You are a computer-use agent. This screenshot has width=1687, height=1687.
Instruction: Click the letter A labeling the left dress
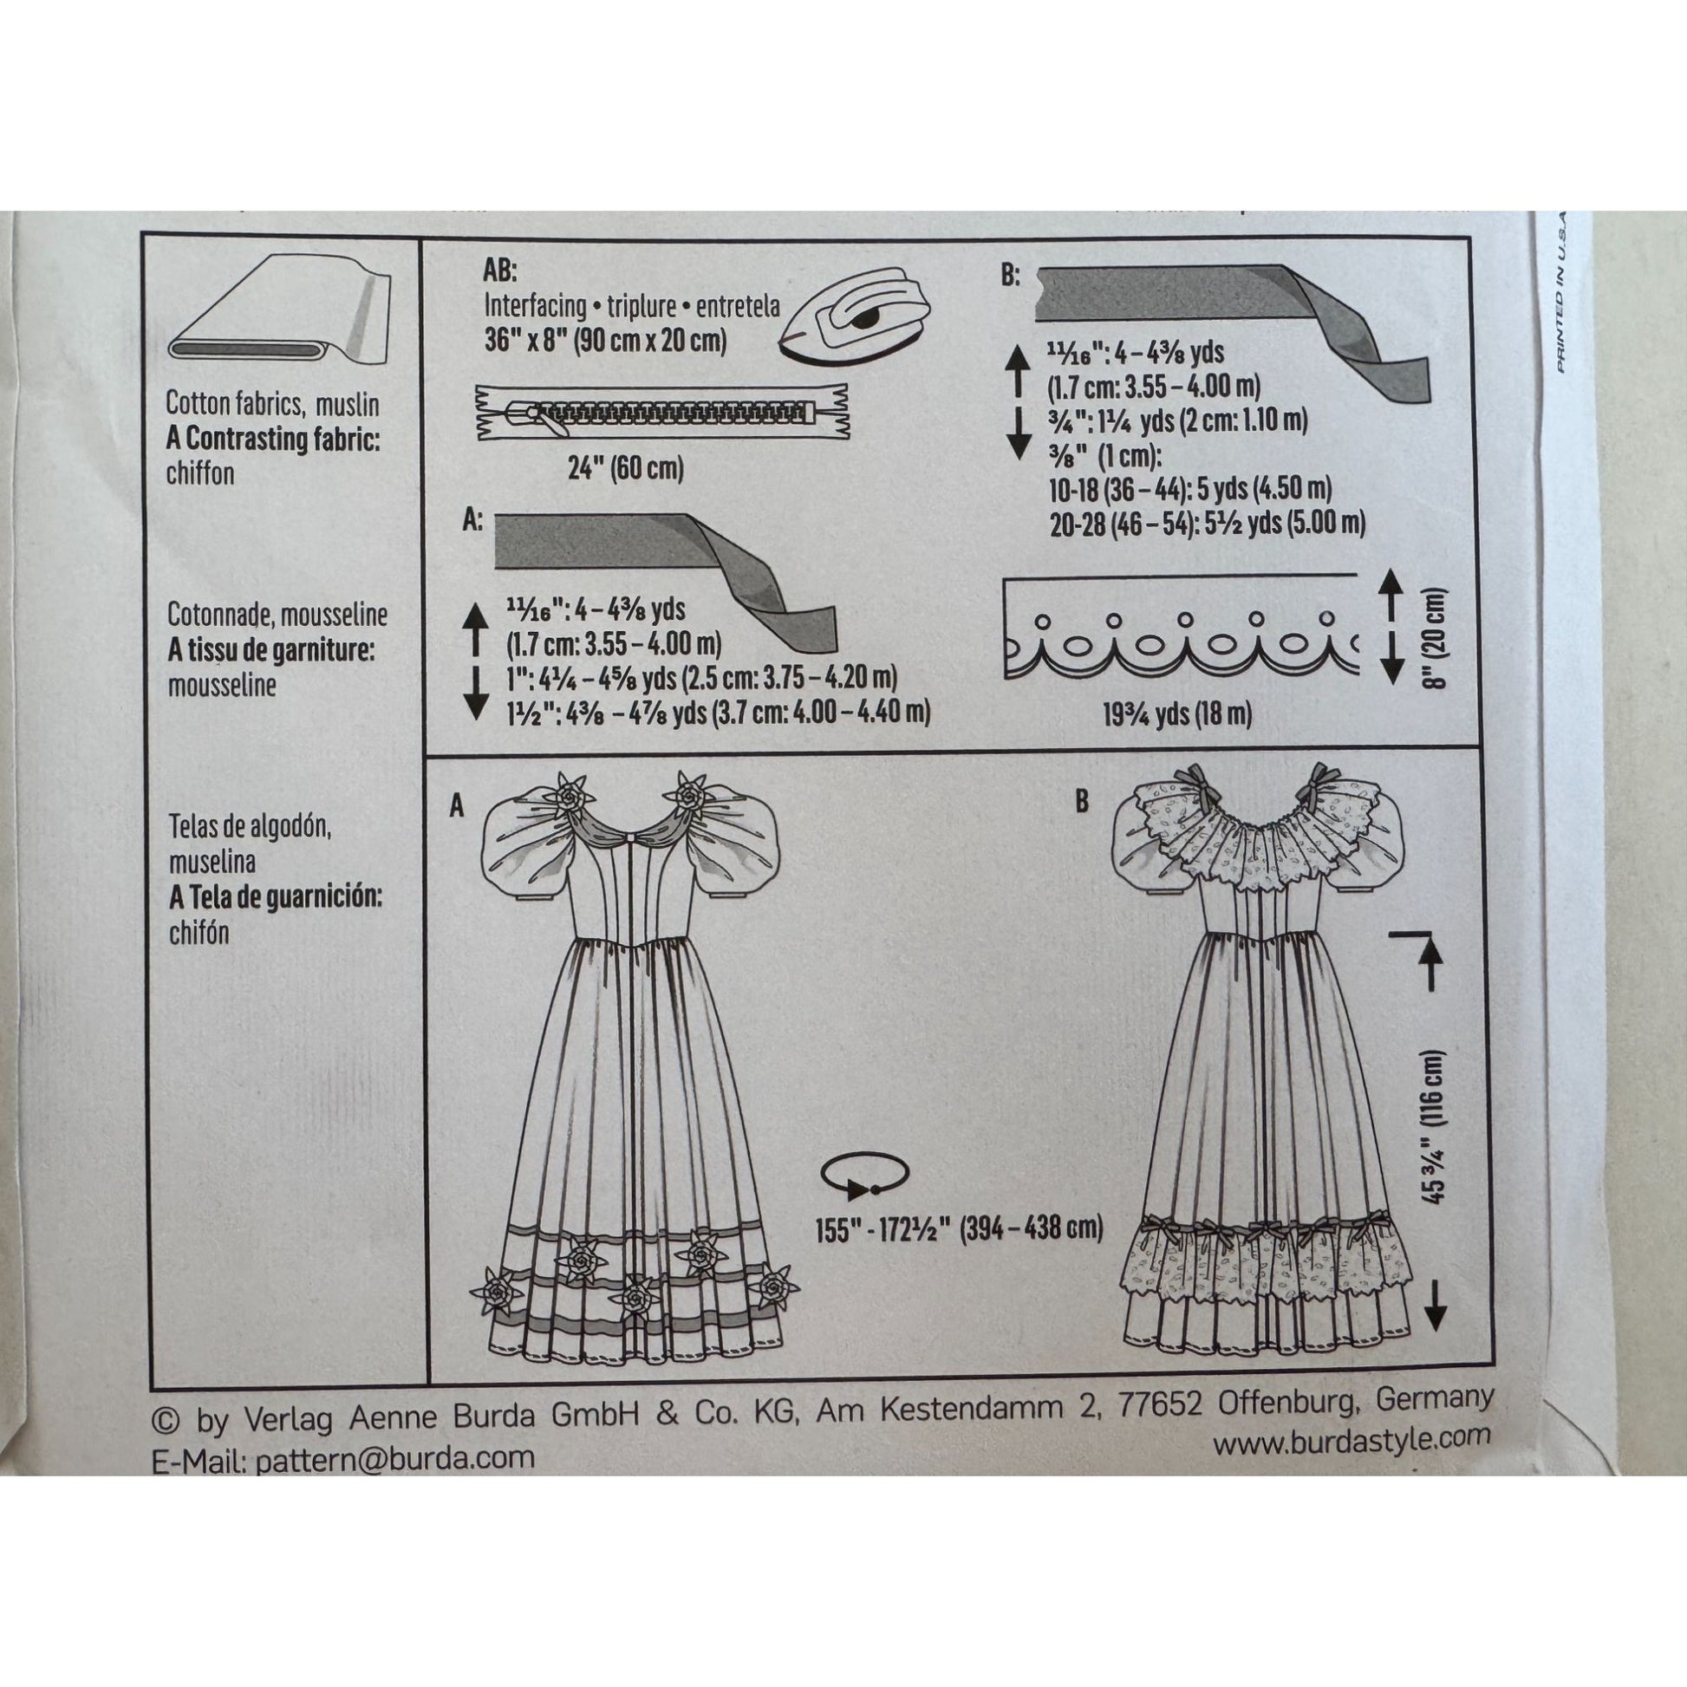pos(456,808)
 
